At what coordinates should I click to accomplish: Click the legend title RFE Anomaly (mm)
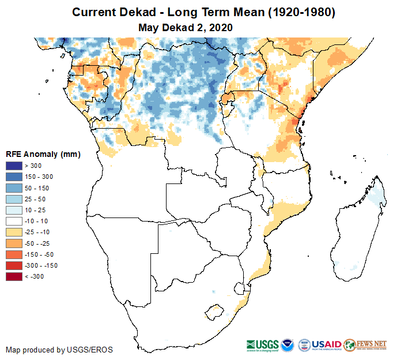(43, 154)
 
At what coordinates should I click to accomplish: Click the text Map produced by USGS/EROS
(59, 350)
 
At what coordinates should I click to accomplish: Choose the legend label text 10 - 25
(35, 210)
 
